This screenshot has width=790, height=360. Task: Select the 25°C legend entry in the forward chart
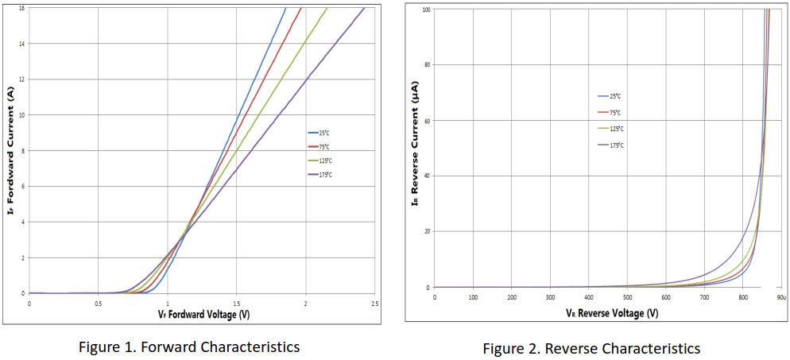323,133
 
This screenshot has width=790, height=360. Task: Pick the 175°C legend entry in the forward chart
323,174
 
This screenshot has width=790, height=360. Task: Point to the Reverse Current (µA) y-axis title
415,148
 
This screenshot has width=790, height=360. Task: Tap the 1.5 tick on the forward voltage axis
236,304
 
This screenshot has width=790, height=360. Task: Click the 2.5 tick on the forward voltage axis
374,304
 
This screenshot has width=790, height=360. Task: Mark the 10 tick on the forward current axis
21,114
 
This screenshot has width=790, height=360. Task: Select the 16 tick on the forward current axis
21,8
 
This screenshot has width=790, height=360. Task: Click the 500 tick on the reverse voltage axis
627,297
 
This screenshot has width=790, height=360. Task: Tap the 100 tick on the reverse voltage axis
473,297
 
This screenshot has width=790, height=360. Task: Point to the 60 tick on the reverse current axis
426,121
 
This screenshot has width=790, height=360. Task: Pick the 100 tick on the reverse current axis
425,10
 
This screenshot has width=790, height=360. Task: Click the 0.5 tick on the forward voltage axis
98,304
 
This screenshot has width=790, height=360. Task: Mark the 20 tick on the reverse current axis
426,232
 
